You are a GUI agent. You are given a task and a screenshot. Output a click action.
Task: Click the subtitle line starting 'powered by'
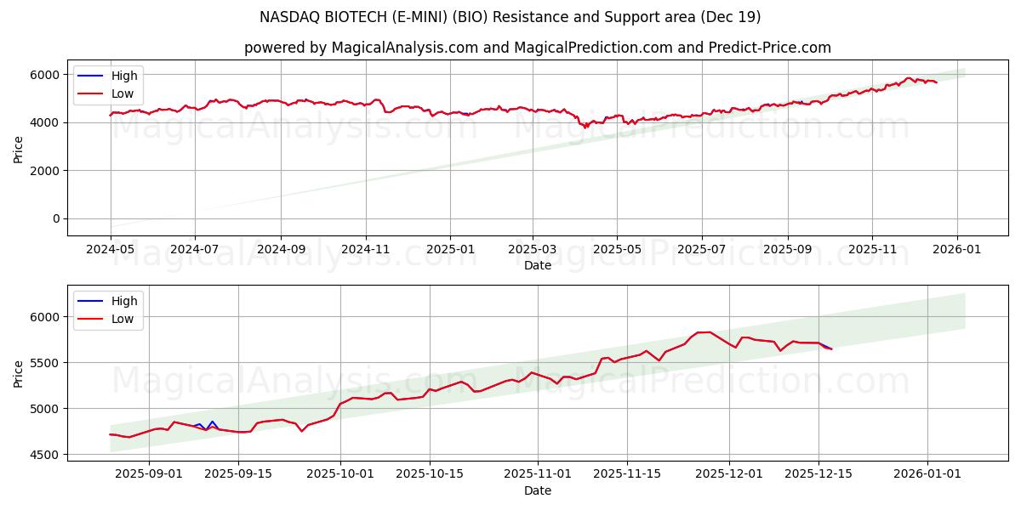(538, 48)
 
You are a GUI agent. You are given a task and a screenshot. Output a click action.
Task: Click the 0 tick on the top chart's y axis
(56, 218)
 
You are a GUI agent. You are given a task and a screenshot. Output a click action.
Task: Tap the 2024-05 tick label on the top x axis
(111, 249)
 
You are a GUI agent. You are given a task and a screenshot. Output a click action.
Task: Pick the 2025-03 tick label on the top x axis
(533, 249)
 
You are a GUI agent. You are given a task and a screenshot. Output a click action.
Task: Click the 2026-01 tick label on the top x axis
(956, 249)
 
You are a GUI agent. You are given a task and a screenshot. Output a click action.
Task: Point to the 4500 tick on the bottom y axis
(46, 455)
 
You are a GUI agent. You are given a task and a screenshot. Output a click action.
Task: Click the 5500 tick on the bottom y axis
(46, 363)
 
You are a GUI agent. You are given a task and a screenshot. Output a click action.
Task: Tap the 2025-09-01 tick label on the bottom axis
(149, 473)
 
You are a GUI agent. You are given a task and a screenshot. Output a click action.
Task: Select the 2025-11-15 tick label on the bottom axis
(627, 473)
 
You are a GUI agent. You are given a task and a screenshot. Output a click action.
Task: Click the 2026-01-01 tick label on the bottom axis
(927, 473)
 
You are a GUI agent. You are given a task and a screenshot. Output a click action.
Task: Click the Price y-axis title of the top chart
(19, 149)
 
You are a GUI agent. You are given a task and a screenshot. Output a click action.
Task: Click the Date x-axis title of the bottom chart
(538, 490)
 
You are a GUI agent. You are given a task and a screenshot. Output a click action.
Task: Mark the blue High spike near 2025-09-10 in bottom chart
(212, 421)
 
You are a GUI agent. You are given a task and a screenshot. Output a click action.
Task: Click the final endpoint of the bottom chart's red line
(831, 348)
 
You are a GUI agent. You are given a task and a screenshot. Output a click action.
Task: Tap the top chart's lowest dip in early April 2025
(585, 127)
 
